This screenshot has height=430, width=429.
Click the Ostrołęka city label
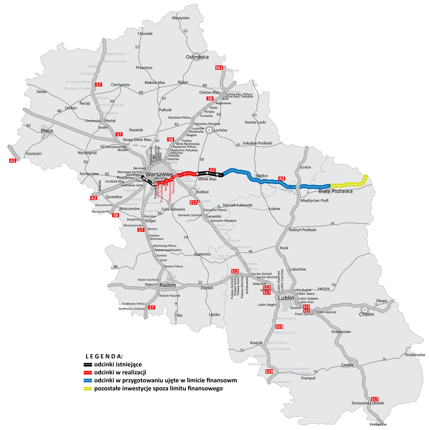pos(197,57)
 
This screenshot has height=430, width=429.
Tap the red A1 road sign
pos(13,161)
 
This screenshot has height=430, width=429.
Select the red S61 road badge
pos(219,68)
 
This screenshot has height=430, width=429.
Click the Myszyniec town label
pos(181,18)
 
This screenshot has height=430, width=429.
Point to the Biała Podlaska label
pos(335,191)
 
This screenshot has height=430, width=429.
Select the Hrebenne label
pos(378,424)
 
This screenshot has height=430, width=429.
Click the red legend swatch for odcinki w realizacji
pos(88,373)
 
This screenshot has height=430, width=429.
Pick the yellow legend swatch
pos(88,389)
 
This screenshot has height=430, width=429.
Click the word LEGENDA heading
pos(104,357)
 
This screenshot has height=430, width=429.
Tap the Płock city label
pos(47,131)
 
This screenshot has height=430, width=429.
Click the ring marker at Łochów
pos(209,130)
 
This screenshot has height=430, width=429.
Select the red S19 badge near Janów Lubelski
pos(269,372)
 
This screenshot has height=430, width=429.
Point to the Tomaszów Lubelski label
pos(367,403)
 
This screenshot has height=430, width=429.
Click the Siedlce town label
pos(262,176)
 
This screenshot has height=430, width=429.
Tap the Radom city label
pos(168,285)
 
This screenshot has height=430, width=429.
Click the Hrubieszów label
pos(415,355)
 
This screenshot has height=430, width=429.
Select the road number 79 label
pos(186,237)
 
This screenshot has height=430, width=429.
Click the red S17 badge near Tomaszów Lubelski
pos(374,399)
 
